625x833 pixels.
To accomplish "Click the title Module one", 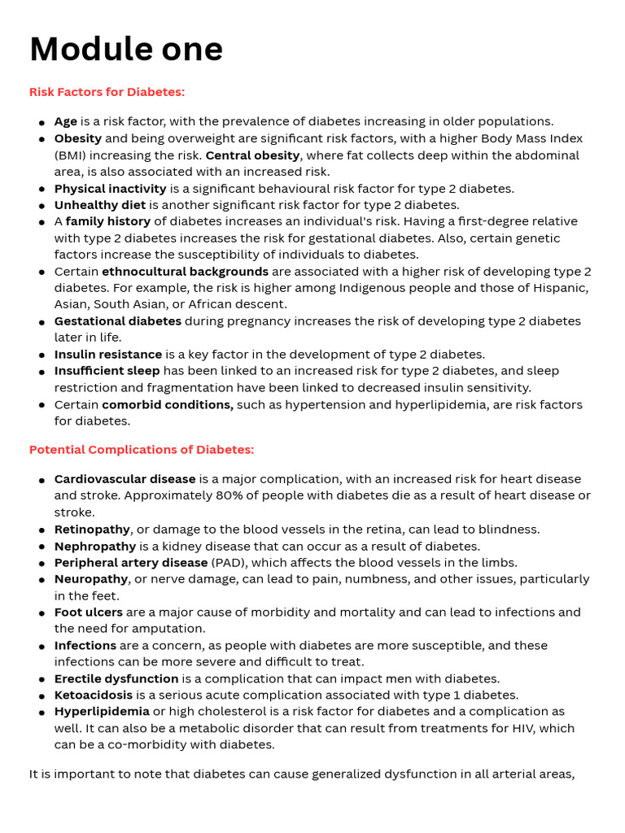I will point(126,50).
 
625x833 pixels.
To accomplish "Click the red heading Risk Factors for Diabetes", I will point(107,92).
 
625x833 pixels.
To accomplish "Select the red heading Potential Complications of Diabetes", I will point(142,450).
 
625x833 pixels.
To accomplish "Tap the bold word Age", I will point(66,121).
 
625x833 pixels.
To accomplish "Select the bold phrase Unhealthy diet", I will point(100,205).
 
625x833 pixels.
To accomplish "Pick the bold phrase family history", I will point(108,221).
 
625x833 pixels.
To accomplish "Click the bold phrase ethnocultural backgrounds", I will point(185,271).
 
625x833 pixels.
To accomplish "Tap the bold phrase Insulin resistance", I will point(108,354).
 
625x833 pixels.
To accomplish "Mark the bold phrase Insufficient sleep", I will point(107,371).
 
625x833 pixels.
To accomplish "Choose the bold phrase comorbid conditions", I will point(168,404).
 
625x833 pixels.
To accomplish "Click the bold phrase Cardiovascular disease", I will point(125,479).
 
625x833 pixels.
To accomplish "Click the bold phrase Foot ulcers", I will point(89,612).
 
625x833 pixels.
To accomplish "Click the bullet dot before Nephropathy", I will point(42,547).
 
